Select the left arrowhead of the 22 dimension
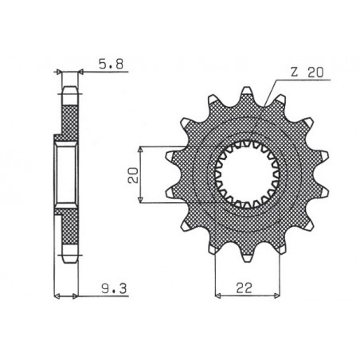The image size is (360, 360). click(217, 292)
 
